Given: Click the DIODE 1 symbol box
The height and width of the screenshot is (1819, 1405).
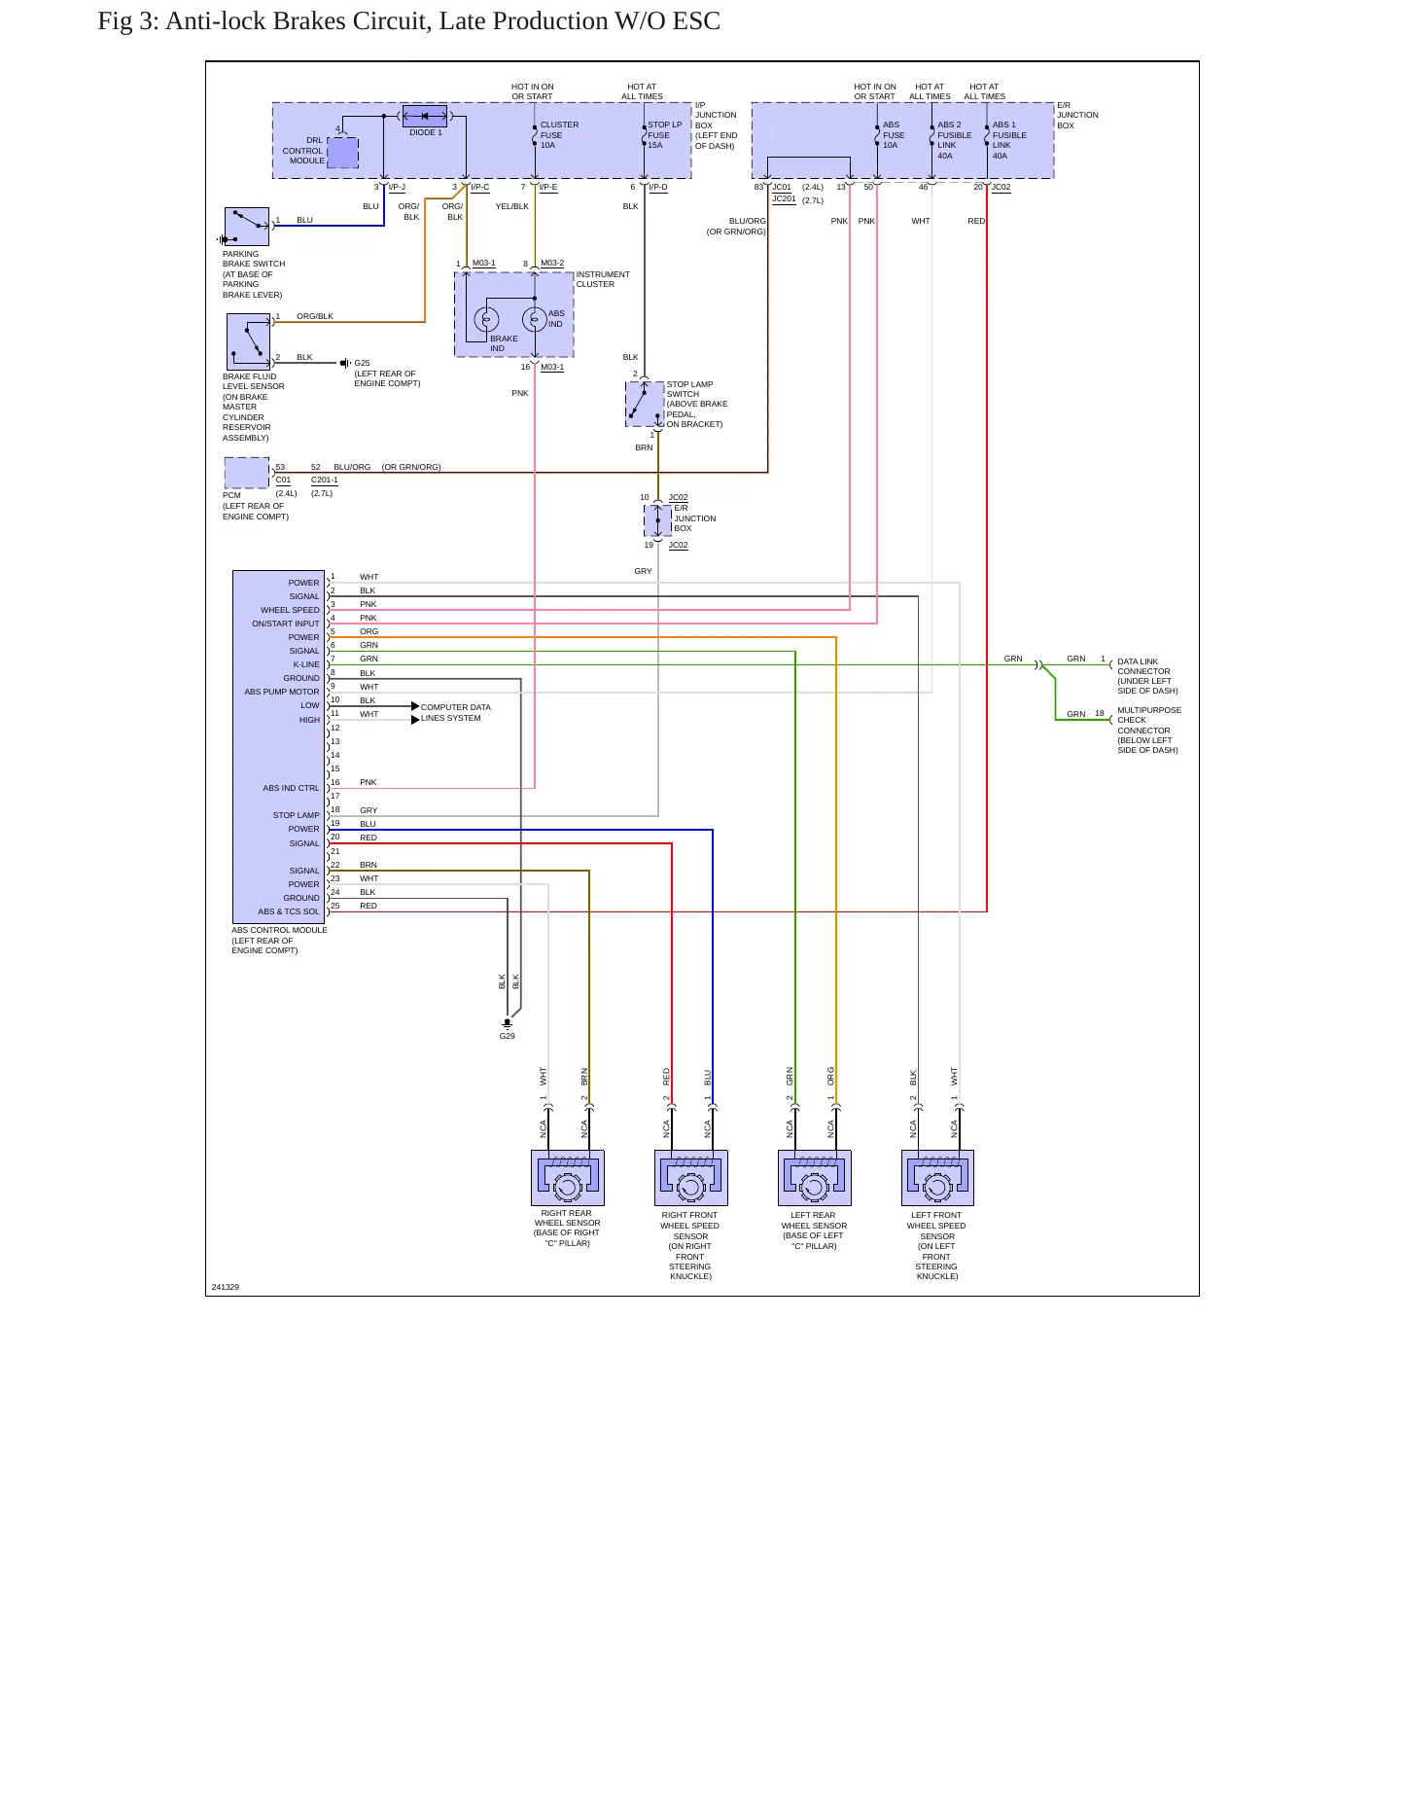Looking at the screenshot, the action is (425, 116).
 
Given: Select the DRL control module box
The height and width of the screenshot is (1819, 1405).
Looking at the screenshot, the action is (343, 153).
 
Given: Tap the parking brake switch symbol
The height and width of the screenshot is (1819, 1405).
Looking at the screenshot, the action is (247, 227).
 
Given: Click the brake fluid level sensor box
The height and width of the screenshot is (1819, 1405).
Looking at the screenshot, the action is (248, 341).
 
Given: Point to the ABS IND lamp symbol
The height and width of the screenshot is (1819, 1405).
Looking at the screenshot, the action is (535, 319).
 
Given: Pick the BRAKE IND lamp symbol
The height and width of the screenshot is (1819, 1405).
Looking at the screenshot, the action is (486, 319).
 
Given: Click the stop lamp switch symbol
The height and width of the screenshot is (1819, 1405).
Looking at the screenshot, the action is (645, 404).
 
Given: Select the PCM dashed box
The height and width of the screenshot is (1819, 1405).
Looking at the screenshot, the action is (247, 473).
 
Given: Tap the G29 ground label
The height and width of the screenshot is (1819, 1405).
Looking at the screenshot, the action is (508, 1036).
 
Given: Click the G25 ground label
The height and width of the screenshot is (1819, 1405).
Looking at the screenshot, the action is (362, 363).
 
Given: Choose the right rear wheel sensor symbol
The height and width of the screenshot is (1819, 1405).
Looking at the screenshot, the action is (568, 1178).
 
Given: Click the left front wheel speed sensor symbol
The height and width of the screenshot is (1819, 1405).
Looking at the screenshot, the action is (937, 1178).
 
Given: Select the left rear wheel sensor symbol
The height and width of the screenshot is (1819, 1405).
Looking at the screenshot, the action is (815, 1178).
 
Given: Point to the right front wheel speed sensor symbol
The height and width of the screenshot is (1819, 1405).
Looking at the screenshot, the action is (691, 1178).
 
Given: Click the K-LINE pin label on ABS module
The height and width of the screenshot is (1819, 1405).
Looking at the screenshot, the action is (306, 664).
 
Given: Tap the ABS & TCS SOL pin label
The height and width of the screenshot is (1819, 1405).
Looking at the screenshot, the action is (289, 911).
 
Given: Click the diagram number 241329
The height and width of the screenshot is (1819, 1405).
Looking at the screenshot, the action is (226, 1287).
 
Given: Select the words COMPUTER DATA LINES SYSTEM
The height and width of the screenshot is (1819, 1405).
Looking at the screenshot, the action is (455, 713).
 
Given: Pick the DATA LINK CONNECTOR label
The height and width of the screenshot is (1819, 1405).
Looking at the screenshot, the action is (1143, 666).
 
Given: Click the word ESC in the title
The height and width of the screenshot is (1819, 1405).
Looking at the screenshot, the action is (696, 21).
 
